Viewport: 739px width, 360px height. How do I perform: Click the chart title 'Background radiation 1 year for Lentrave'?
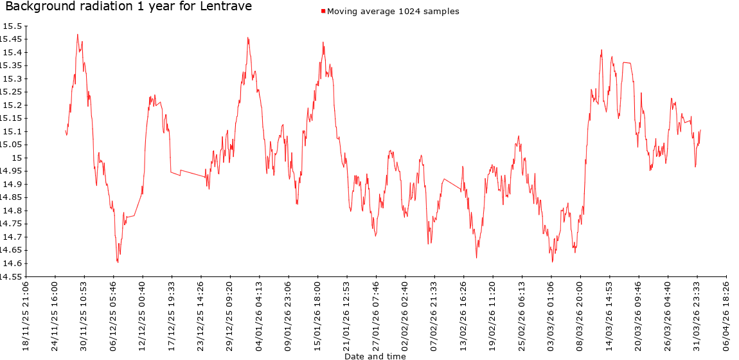[129, 7]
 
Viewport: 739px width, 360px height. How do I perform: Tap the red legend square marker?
[323, 12]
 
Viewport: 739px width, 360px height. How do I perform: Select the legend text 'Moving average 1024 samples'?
[393, 12]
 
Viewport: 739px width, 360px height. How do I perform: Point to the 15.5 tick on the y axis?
[13, 26]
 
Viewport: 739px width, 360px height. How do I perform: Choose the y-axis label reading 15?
[18, 158]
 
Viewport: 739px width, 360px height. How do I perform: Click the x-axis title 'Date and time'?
[375, 355]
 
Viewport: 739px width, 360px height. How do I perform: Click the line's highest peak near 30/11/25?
[77, 35]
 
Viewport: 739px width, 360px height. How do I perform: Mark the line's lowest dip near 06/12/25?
[118, 262]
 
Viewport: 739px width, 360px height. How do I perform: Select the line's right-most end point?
[700, 130]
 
